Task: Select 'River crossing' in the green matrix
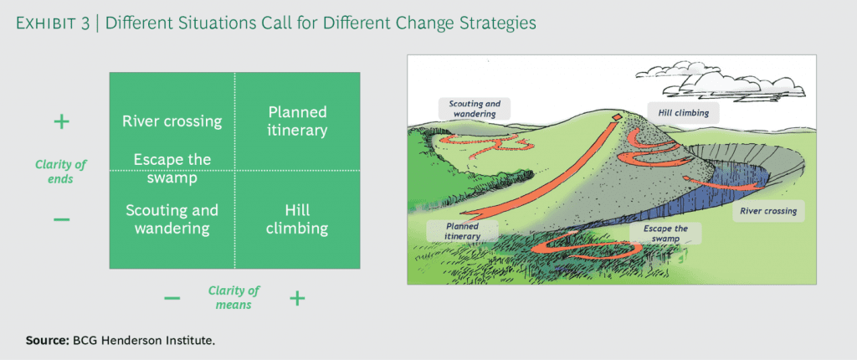[172, 121]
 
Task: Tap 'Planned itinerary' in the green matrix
[297, 121]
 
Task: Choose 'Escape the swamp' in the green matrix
[172, 167]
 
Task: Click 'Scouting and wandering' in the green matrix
[172, 219]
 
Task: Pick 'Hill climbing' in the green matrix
[297, 219]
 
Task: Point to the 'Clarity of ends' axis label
[60, 171]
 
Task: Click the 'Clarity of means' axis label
[233, 297]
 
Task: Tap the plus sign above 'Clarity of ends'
[61, 122]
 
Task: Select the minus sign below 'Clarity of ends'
[61, 219]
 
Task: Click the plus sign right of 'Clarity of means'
[296, 297]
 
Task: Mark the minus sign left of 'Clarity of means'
[172, 298]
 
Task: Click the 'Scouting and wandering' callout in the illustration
[475, 109]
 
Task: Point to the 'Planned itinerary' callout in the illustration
[457, 231]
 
